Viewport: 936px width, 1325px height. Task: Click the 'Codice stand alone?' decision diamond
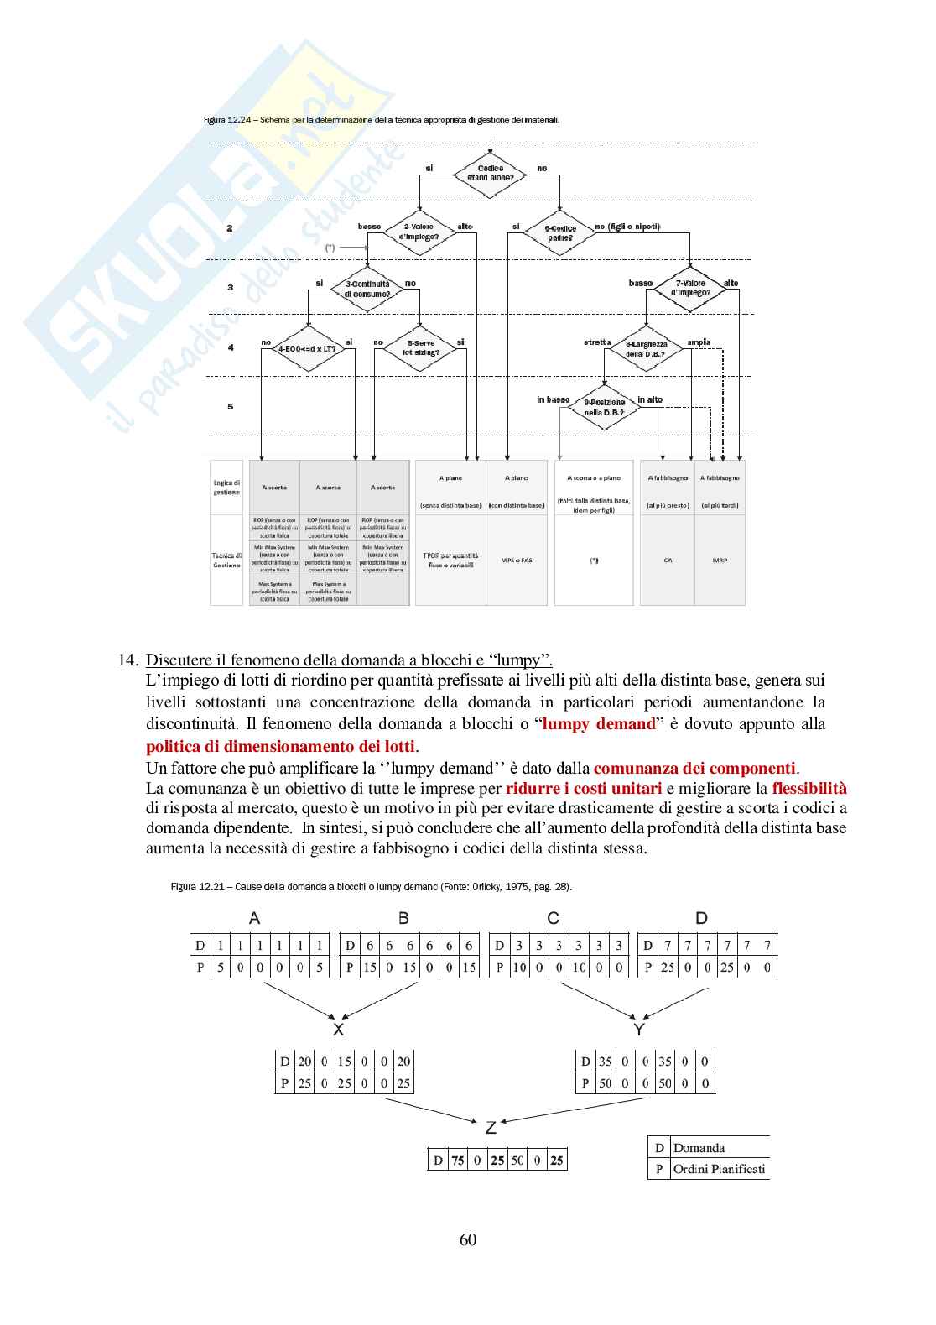pos(490,174)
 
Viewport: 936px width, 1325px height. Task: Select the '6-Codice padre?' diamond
pos(559,233)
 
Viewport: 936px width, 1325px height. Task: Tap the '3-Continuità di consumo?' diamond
pos(367,289)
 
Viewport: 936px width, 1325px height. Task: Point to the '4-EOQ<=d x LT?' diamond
pos(306,347)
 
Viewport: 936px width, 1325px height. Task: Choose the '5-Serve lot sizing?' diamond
pos(420,347)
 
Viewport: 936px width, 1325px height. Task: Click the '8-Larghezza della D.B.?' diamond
pos(646,349)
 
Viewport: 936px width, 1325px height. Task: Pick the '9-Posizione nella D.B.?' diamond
pos(604,408)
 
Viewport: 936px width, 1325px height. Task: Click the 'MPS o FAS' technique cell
pos(516,560)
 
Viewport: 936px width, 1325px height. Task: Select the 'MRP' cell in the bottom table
pos(720,560)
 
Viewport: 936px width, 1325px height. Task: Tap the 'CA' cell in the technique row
pos(668,560)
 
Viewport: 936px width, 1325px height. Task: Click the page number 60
pos(468,1239)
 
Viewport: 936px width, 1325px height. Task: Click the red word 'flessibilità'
pos(809,788)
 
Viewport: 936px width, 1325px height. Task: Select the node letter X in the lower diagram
pos(338,1030)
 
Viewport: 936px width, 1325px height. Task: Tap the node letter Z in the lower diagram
pos(491,1128)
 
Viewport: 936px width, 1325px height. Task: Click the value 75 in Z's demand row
pos(457,1161)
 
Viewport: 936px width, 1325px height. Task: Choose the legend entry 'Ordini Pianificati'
pos(719,1169)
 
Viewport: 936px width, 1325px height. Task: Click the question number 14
pos(127,660)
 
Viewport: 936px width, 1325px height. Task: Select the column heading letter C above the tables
pos(553,918)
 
